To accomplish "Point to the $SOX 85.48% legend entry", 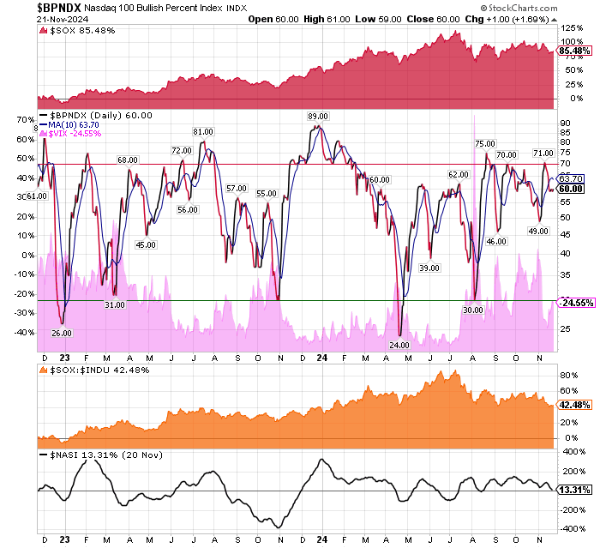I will click(75, 33).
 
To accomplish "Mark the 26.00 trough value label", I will click(62, 333).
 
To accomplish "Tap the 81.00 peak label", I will click(203, 131).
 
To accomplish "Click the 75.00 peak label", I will click(485, 143).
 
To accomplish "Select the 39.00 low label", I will click(429, 268).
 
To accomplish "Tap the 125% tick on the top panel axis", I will click(571, 29).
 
